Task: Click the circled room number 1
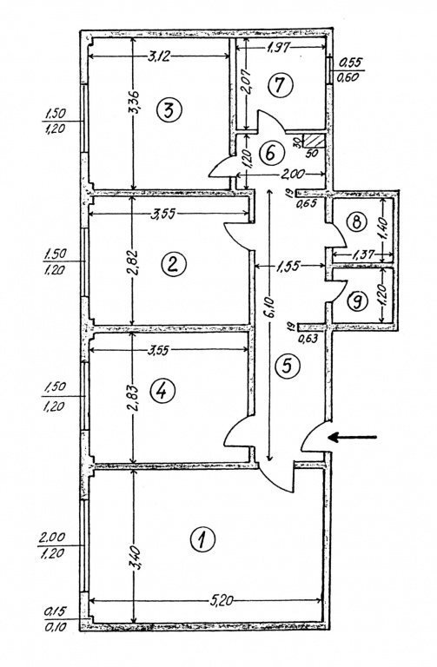(202, 539)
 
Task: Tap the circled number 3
(169, 110)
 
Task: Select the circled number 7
(280, 84)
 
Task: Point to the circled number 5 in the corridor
(288, 366)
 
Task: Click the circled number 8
(356, 221)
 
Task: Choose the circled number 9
(356, 301)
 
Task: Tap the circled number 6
(270, 153)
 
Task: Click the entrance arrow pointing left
(353, 437)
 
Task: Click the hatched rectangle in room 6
(315, 141)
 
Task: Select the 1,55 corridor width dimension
(289, 267)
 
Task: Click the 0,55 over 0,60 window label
(350, 69)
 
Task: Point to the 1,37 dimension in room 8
(363, 254)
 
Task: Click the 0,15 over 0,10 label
(56, 619)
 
